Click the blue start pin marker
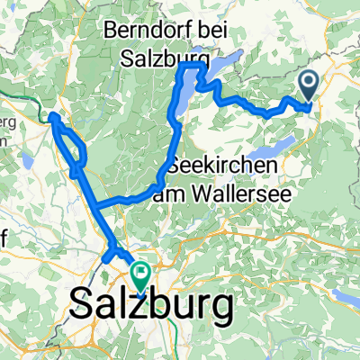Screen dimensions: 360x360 click(x=308, y=88)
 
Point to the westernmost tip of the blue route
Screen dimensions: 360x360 click(x=51, y=115)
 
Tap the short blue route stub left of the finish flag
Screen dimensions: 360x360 click(x=112, y=256)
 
